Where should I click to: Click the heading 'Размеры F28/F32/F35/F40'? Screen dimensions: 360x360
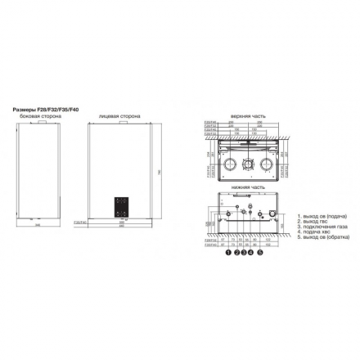[x=47, y=107]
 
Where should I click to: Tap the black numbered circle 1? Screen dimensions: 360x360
[x=227, y=253]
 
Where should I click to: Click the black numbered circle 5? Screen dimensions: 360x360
[x=260, y=253]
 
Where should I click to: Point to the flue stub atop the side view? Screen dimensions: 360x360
[x=38, y=122]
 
